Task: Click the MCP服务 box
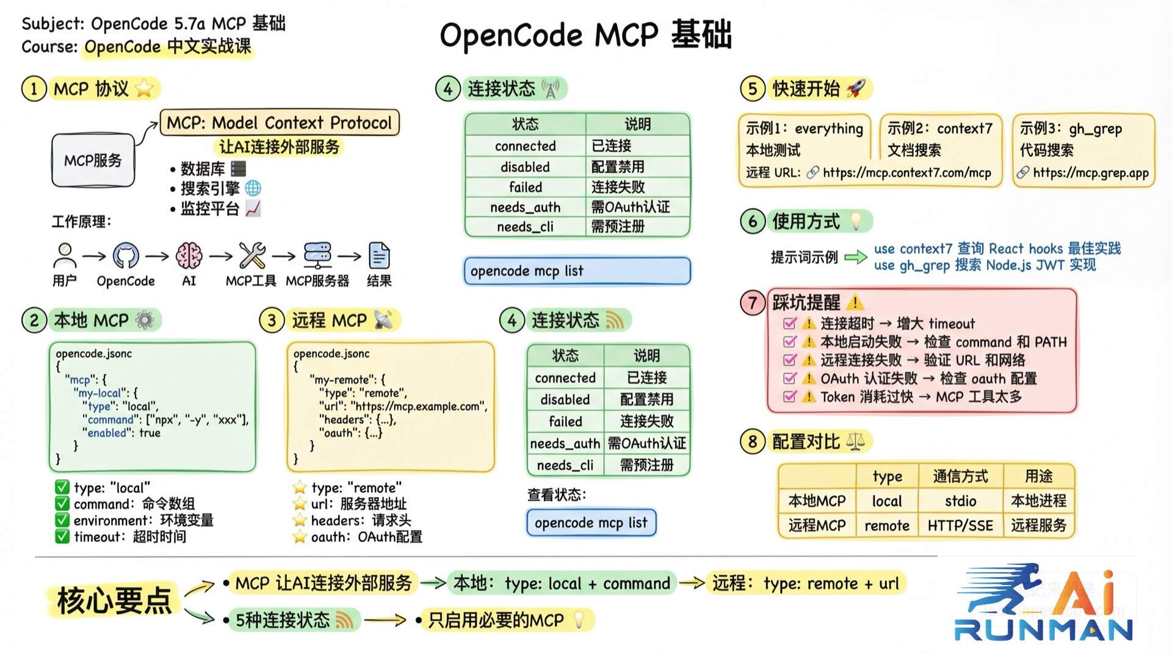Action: point(93,160)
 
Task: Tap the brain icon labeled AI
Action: point(189,255)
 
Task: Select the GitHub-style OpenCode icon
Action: point(126,256)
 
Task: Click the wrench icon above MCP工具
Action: point(251,255)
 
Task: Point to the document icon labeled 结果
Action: point(379,256)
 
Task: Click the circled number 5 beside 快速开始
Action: point(752,89)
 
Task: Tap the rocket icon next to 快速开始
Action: point(856,89)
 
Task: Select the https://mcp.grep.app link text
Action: point(1090,173)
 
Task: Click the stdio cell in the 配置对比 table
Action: point(960,501)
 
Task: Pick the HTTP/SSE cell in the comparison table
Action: point(960,526)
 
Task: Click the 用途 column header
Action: point(1038,476)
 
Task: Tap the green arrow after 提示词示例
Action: point(855,257)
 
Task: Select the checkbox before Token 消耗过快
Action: point(790,396)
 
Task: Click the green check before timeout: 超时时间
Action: point(62,537)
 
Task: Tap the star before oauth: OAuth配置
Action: point(299,537)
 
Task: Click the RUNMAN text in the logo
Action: point(1043,630)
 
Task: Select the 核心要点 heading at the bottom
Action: point(114,600)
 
